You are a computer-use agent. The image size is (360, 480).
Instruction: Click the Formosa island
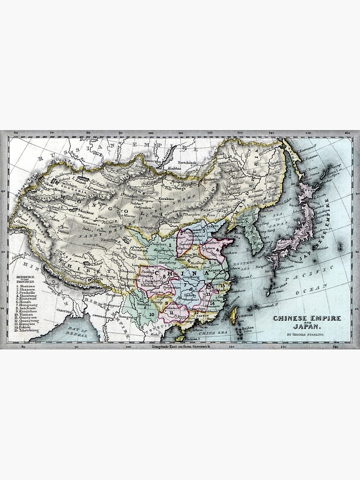click(234, 315)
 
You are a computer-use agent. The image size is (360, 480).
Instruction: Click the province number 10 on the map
click(151, 314)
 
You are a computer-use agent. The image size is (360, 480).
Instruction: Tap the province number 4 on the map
click(217, 250)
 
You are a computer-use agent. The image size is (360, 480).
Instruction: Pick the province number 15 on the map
click(222, 286)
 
